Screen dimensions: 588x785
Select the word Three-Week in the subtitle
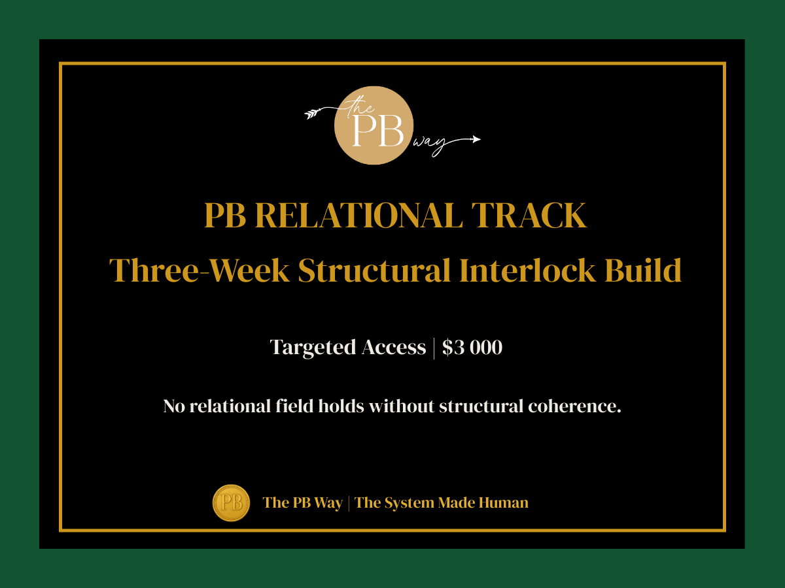pyautogui.click(x=200, y=270)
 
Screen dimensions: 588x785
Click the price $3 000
pyautogui.click(x=472, y=348)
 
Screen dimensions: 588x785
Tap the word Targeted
pyautogui.click(x=313, y=348)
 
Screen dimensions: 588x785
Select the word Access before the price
pyautogui.click(x=394, y=348)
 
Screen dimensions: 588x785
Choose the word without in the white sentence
pyautogui.click(x=402, y=406)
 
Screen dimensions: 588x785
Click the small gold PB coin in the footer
pyautogui.click(x=231, y=502)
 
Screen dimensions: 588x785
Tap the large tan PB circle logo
pyautogui.click(x=374, y=125)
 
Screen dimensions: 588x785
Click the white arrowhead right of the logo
pyautogui.click(x=476, y=139)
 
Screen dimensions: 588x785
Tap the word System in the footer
pyautogui.click(x=408, y=502)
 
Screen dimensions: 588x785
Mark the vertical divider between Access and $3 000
pyautogui.click(x=434, y=348)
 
